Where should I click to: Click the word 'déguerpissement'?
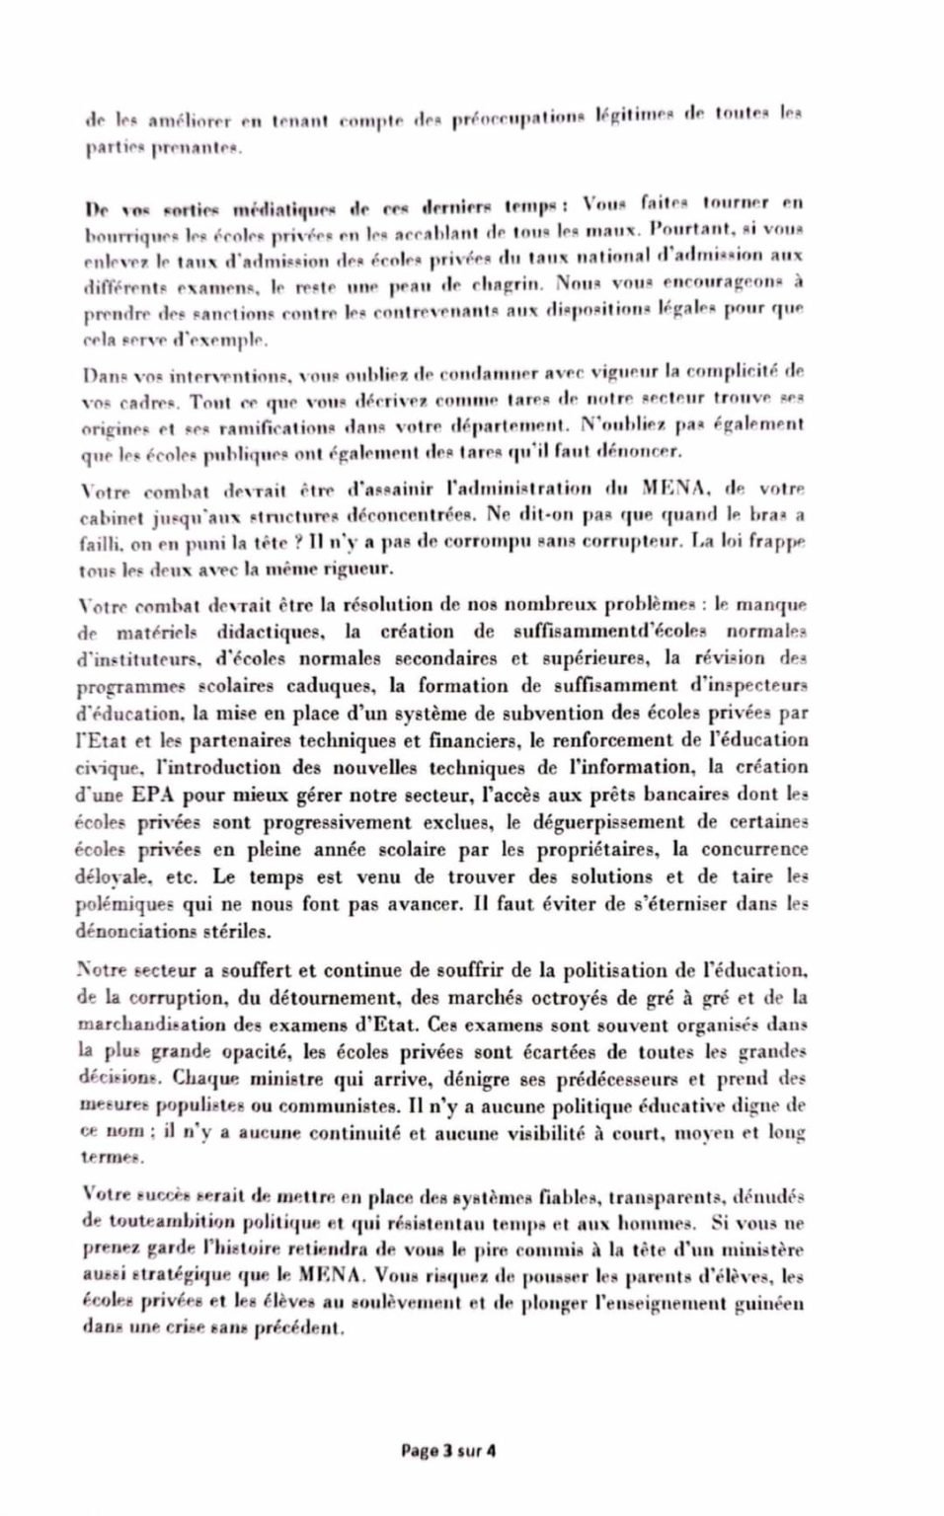point(592,821)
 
